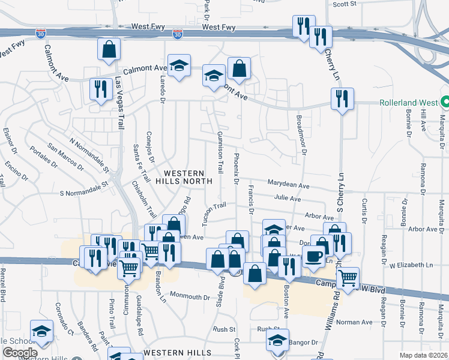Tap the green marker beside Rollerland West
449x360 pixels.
point(445,102)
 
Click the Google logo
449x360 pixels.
point(19,353)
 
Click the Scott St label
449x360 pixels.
point(345,4)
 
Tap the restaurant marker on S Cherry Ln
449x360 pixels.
point(342,98)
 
